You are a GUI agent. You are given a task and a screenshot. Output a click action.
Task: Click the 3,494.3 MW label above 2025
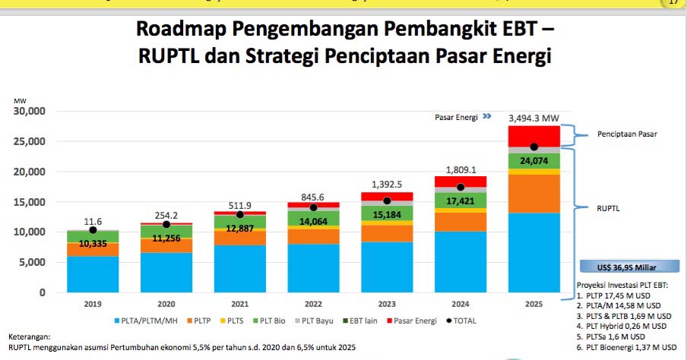coord(533,118)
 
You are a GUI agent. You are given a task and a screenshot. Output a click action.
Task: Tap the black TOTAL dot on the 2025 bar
coord(534,147)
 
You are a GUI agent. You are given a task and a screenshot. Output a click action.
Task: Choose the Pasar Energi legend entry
coord(411,321)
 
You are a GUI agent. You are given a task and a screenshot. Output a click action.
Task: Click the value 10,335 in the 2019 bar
coord(93,243)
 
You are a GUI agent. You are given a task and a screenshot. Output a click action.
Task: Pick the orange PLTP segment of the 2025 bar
coord(534,193)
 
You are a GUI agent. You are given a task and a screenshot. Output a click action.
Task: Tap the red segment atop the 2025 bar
coord(534,135)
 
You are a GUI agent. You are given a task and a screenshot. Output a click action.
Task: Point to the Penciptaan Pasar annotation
coord(626,134)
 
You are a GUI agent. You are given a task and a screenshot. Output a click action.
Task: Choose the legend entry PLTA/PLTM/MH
coord(150,321)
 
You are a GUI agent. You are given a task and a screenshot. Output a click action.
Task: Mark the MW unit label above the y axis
coord(19,100)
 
